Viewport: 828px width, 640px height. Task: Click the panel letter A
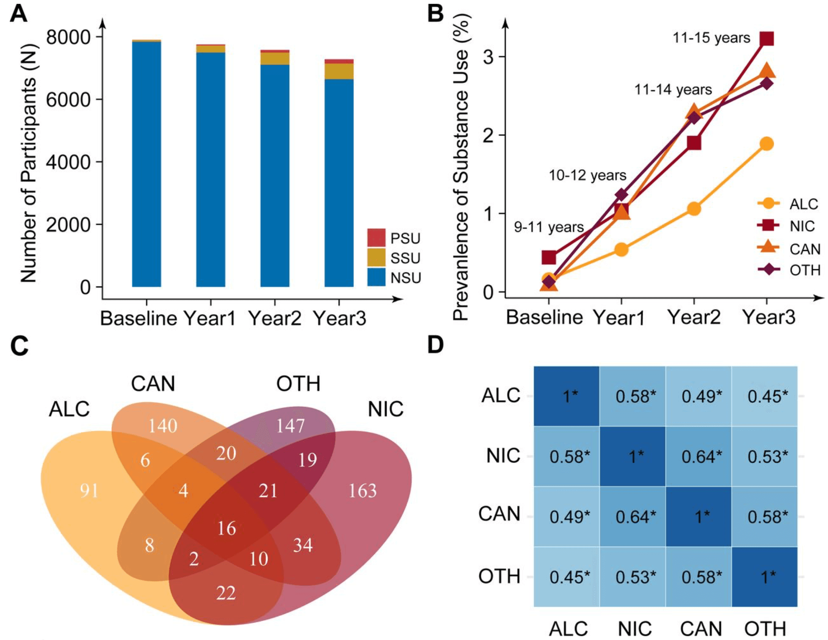click(19, 14)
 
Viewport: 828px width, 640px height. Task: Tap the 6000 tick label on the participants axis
click(68, 100)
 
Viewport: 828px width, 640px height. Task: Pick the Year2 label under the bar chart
click(274, 318)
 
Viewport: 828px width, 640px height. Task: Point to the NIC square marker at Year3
click(767, 39)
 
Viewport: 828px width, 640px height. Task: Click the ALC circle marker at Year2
click(694, 209)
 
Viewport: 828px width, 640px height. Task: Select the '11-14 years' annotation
click(673, 90)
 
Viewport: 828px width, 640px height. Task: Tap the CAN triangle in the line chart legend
click(768, 247)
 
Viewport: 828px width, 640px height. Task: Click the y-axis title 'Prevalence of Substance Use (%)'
click(461, 167)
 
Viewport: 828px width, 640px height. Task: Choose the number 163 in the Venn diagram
click(362, 491)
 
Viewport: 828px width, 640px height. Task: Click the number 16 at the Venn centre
click(226, 528)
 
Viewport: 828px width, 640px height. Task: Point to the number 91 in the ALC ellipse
click(89, 491)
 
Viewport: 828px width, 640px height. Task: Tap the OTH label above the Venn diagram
click(298, 384)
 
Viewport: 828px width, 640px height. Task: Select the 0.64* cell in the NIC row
click(701, 457)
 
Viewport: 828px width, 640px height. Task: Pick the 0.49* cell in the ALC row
click(701, 397)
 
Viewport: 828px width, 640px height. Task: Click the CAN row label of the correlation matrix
click(499, 514)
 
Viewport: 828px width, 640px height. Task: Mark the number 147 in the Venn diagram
click(290, 426)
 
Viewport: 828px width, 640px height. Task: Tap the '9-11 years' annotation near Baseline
click(549, 227)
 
